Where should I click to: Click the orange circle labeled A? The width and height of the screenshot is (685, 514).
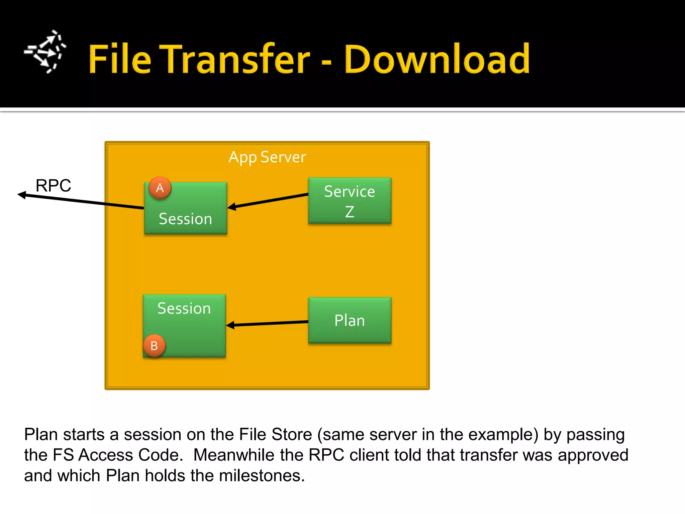tap(160, 188)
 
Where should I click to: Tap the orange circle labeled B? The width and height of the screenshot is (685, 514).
tap(154, 346)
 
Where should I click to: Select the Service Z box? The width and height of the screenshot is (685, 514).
tap(350, 200)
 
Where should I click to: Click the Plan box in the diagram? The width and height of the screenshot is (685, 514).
tap(350, 320)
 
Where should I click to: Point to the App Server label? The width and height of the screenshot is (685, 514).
tap(267, 157)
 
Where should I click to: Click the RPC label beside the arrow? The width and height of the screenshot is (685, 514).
tap(53, 185)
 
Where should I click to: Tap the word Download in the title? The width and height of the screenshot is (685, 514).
tap(437, 59)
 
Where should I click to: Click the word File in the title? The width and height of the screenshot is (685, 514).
tap(120, 59)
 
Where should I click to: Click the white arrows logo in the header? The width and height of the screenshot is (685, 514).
tap(45, 52)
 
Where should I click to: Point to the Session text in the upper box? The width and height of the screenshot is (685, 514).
tap(185, 219)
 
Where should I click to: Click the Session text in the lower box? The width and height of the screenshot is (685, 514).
tap(184, 308)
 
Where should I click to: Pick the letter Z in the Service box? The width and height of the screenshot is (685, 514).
tap(350, 212)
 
